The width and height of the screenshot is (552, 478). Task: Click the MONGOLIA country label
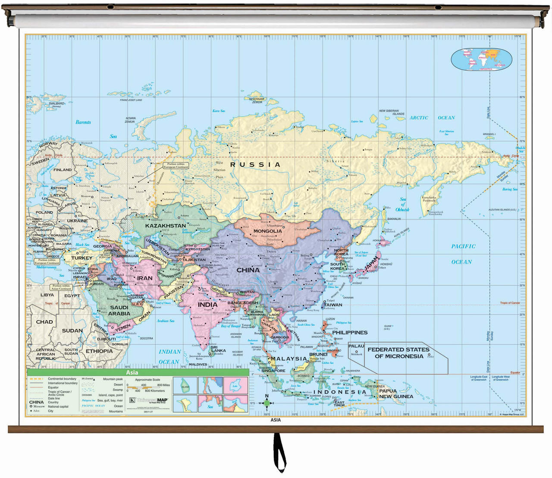[267, 231]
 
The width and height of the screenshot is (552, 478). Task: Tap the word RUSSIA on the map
[255, 164]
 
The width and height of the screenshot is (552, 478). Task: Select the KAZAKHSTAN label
[166, 225]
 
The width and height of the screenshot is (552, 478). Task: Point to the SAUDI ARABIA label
[119, 310]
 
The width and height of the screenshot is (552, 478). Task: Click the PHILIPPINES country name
[350, 332]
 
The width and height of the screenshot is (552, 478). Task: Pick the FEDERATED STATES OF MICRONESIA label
[398, 353]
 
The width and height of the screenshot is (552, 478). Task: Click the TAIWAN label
[333, 305]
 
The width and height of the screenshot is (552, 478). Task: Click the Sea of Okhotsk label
[402, 204]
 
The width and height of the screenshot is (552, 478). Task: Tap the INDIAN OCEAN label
[169, 356]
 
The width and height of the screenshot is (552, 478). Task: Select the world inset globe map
[482, 59]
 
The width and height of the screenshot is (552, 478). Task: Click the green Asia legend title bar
[138, 373]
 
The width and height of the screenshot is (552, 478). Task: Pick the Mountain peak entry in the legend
[113, 379]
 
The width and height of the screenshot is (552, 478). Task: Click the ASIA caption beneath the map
[275, 420]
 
